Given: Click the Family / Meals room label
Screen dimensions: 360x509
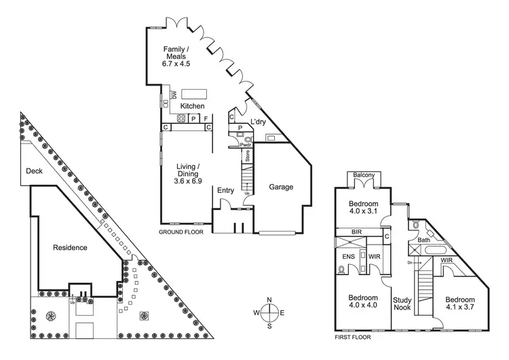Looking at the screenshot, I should point(176,53).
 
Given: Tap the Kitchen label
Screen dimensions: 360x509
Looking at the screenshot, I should point(192,106).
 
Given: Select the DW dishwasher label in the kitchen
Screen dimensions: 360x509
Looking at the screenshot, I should point(174,94).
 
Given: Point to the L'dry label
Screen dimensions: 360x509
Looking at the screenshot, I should point(257,122).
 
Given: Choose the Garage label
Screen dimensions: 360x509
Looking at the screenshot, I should point(281,187).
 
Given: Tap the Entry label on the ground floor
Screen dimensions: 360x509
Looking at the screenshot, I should point(225,191).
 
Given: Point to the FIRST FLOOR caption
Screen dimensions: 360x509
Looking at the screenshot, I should point(355,336).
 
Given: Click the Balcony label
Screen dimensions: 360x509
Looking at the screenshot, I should point(364,176).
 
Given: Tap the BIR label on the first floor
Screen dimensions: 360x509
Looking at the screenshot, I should point(356,232).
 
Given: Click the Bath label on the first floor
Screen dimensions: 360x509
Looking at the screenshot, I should point(424,240).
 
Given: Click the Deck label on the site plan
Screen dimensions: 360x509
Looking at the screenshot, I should point(34,172).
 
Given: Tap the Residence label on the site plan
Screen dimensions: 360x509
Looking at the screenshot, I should point(70,248).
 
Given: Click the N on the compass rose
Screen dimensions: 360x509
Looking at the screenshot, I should point(269,300).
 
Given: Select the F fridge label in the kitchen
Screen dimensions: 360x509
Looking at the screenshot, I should point(206,118).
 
